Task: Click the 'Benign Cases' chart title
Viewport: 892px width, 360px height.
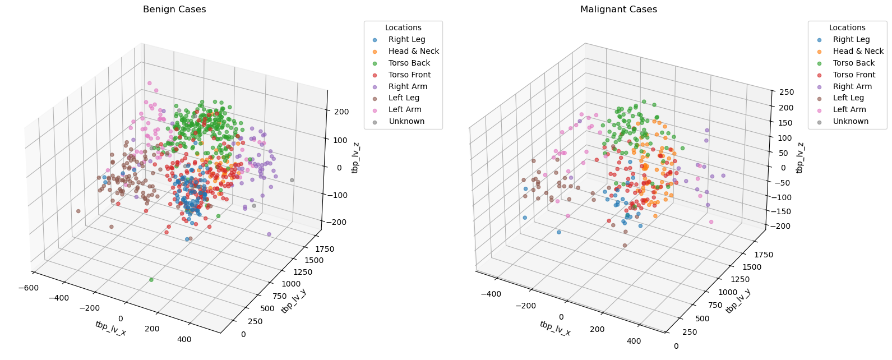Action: pyautogui.click(x=174, y=10)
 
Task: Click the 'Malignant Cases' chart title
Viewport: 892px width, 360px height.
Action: pyautogui.click(x=618, y=10)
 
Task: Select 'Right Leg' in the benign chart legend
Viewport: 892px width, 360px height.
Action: pyautogui.click(x=406, y=39)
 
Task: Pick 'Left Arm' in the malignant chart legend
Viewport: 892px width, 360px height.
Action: pyautogui.click(x=850, y=109)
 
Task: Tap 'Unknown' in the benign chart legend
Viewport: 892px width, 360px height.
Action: pyautogui.click(x=406, y=121)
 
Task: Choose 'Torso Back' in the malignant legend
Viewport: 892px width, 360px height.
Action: pyautogui.click(x=853, y=63)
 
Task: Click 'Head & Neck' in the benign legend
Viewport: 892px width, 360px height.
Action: pyautogui.click(x=413, y=51)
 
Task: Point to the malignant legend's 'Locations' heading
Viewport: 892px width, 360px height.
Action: pyautogui.click(x=847, y=27)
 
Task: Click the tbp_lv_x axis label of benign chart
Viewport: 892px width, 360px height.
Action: pyautogui.click(x=110, y=329)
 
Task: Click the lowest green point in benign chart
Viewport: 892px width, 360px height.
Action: pyautogui.click(x=151, y=280)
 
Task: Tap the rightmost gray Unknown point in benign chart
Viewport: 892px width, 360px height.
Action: pyautogui.click(x=292, y=180)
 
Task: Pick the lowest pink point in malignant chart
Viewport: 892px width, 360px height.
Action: pyautogui.click(x=711, y=222)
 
